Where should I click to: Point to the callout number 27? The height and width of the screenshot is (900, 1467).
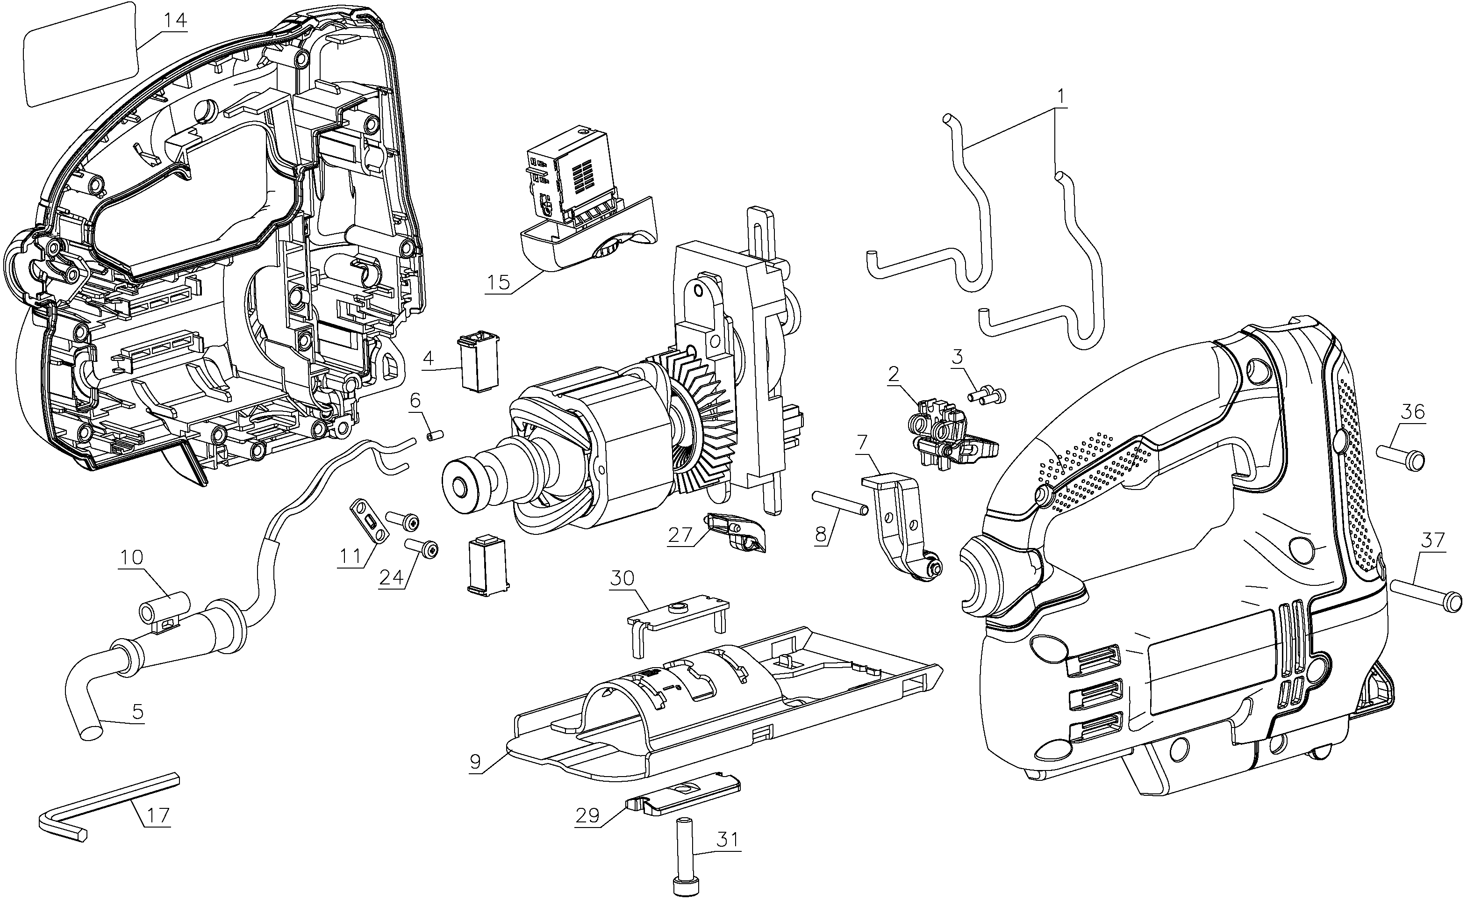[x=680, y=534]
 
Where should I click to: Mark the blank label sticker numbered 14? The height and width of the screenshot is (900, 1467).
[x=80, y=55]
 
